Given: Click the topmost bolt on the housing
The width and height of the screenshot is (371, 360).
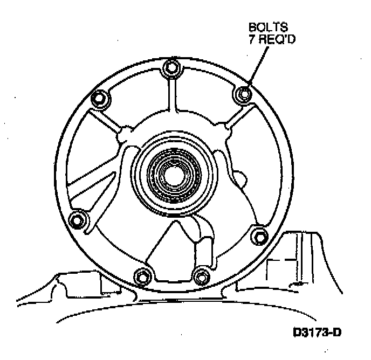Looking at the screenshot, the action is coord(171,67).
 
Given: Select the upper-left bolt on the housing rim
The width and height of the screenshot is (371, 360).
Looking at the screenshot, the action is coord(99,99).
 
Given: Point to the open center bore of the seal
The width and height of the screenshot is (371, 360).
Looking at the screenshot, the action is coord(173,174).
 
